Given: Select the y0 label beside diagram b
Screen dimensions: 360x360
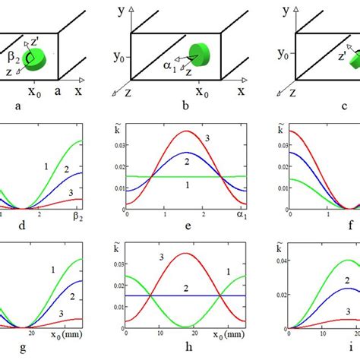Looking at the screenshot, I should [118, 55].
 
